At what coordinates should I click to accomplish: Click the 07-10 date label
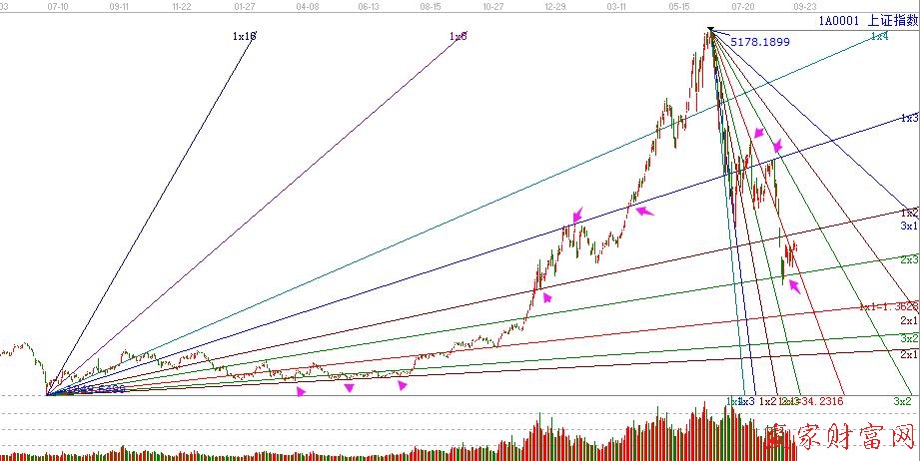click(x=57, y=6)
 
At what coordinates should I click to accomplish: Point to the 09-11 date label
click(x=118, y=6)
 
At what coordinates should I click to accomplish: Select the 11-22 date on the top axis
click(x=181, y=6)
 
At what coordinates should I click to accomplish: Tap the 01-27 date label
click(x=244, y=6)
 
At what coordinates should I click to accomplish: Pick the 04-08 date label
click(x=308, y=6)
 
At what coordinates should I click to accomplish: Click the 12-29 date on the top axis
click(x=556, y=6)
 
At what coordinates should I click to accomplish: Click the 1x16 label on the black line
click(x=244, y=36)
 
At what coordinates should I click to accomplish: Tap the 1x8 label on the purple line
click(x=459, y=36)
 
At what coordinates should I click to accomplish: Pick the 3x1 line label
click(x=909, y=227)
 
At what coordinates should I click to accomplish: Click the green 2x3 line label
click(x=909, y=259)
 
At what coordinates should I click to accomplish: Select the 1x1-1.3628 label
click(x=888, y=306)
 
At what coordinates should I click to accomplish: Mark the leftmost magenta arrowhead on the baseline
click(x=301, y=392)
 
